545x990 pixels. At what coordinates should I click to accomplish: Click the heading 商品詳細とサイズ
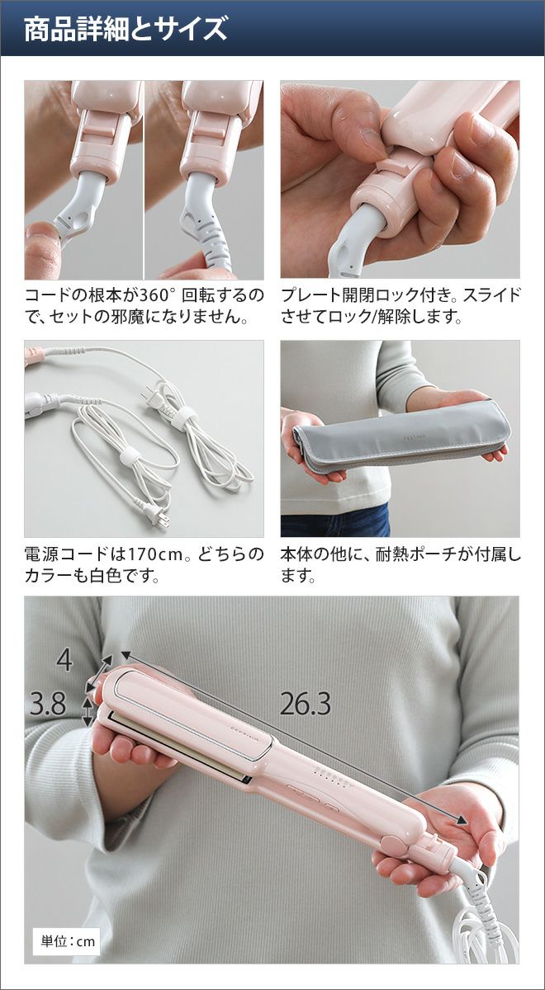[126, 30]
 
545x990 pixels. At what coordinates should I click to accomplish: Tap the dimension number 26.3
[306, 704]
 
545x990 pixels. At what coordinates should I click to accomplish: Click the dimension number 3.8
[48, 704]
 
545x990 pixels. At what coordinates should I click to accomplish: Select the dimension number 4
[64, 661]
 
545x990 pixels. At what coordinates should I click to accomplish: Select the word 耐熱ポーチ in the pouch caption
[419, 554]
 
